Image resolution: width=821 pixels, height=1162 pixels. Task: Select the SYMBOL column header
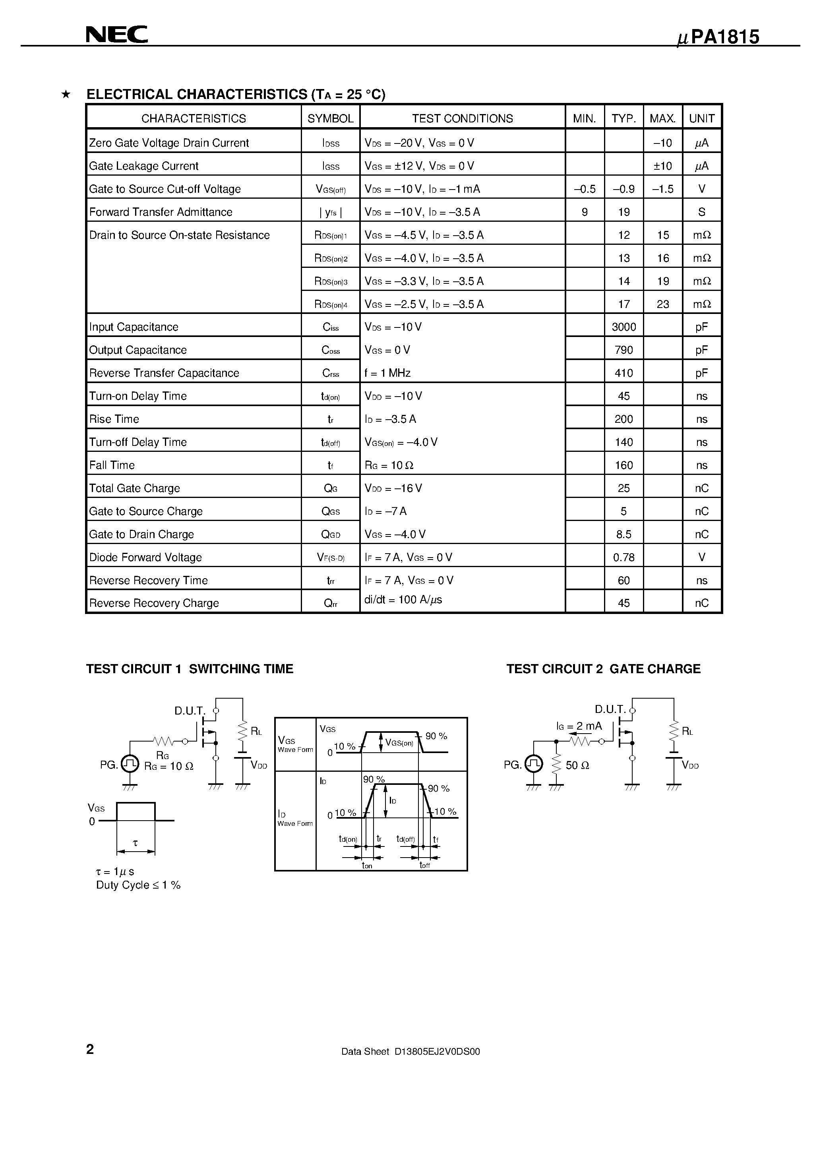click(x=331, y=118)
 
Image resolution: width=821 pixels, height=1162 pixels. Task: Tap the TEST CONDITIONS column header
click(x=462, y=118)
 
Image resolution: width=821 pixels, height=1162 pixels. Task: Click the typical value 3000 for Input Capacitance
click(x=623, y=327)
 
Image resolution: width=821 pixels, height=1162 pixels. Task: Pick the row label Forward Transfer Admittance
click(x=161, y=212)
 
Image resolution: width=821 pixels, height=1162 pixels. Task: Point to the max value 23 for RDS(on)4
click(x=662, y=304)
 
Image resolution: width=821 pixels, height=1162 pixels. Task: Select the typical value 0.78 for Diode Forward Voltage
click(x=623, y=557)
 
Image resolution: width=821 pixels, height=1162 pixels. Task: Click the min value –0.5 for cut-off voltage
click(x=585, y=189)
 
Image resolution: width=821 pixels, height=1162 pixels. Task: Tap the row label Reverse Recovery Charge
click(x=154, y=603)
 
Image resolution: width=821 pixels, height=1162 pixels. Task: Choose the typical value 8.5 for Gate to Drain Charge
click(x=623, y=535)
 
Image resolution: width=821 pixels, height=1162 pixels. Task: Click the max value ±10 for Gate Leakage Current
click(x=662, y=166)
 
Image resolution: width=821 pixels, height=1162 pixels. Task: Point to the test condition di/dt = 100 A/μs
click(x=403, y=600)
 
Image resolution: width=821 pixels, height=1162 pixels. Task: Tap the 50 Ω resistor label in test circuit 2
click(x=577, y=765)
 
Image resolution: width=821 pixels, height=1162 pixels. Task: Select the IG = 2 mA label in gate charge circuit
click(x=579, y=726)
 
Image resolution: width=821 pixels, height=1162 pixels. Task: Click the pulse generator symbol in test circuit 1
click(x=130, y=764)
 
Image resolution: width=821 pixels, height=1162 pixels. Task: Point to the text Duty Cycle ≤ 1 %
click(x=138, y=885)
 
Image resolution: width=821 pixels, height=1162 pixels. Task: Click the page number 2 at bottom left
click(x=90, y=1050)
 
